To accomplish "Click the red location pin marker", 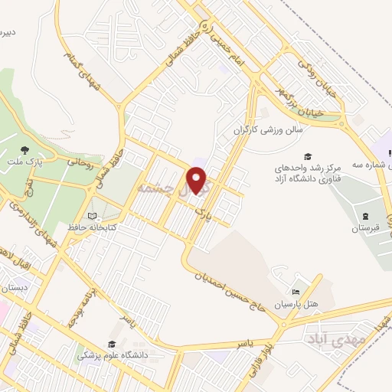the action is (x=198, y=181).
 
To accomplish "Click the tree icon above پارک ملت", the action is (x=24, y=149).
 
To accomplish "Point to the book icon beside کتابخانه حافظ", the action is (x=93, y=217).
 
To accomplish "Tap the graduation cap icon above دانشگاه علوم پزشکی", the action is (x=112, y=345).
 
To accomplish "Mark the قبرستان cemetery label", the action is (x=365, y=228).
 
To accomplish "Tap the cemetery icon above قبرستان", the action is (x=365, y=215).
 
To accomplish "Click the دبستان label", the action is (x=15, y=289).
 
